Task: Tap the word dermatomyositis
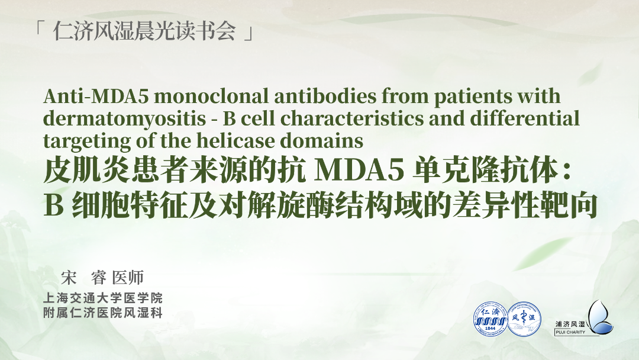point(124,119)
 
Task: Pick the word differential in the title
point(525,118)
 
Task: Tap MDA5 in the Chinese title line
point(359,171)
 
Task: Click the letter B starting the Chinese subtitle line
point(54,205)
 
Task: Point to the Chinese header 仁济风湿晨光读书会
point(144,31)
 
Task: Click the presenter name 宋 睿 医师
point(102,278)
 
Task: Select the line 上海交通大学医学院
point(103,298)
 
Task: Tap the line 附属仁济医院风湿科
point(103,313)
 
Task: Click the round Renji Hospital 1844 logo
point(490,319)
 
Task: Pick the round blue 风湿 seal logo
point(524,319)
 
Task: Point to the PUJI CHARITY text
point(570,332)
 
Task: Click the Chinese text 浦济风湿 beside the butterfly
point(570,324)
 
